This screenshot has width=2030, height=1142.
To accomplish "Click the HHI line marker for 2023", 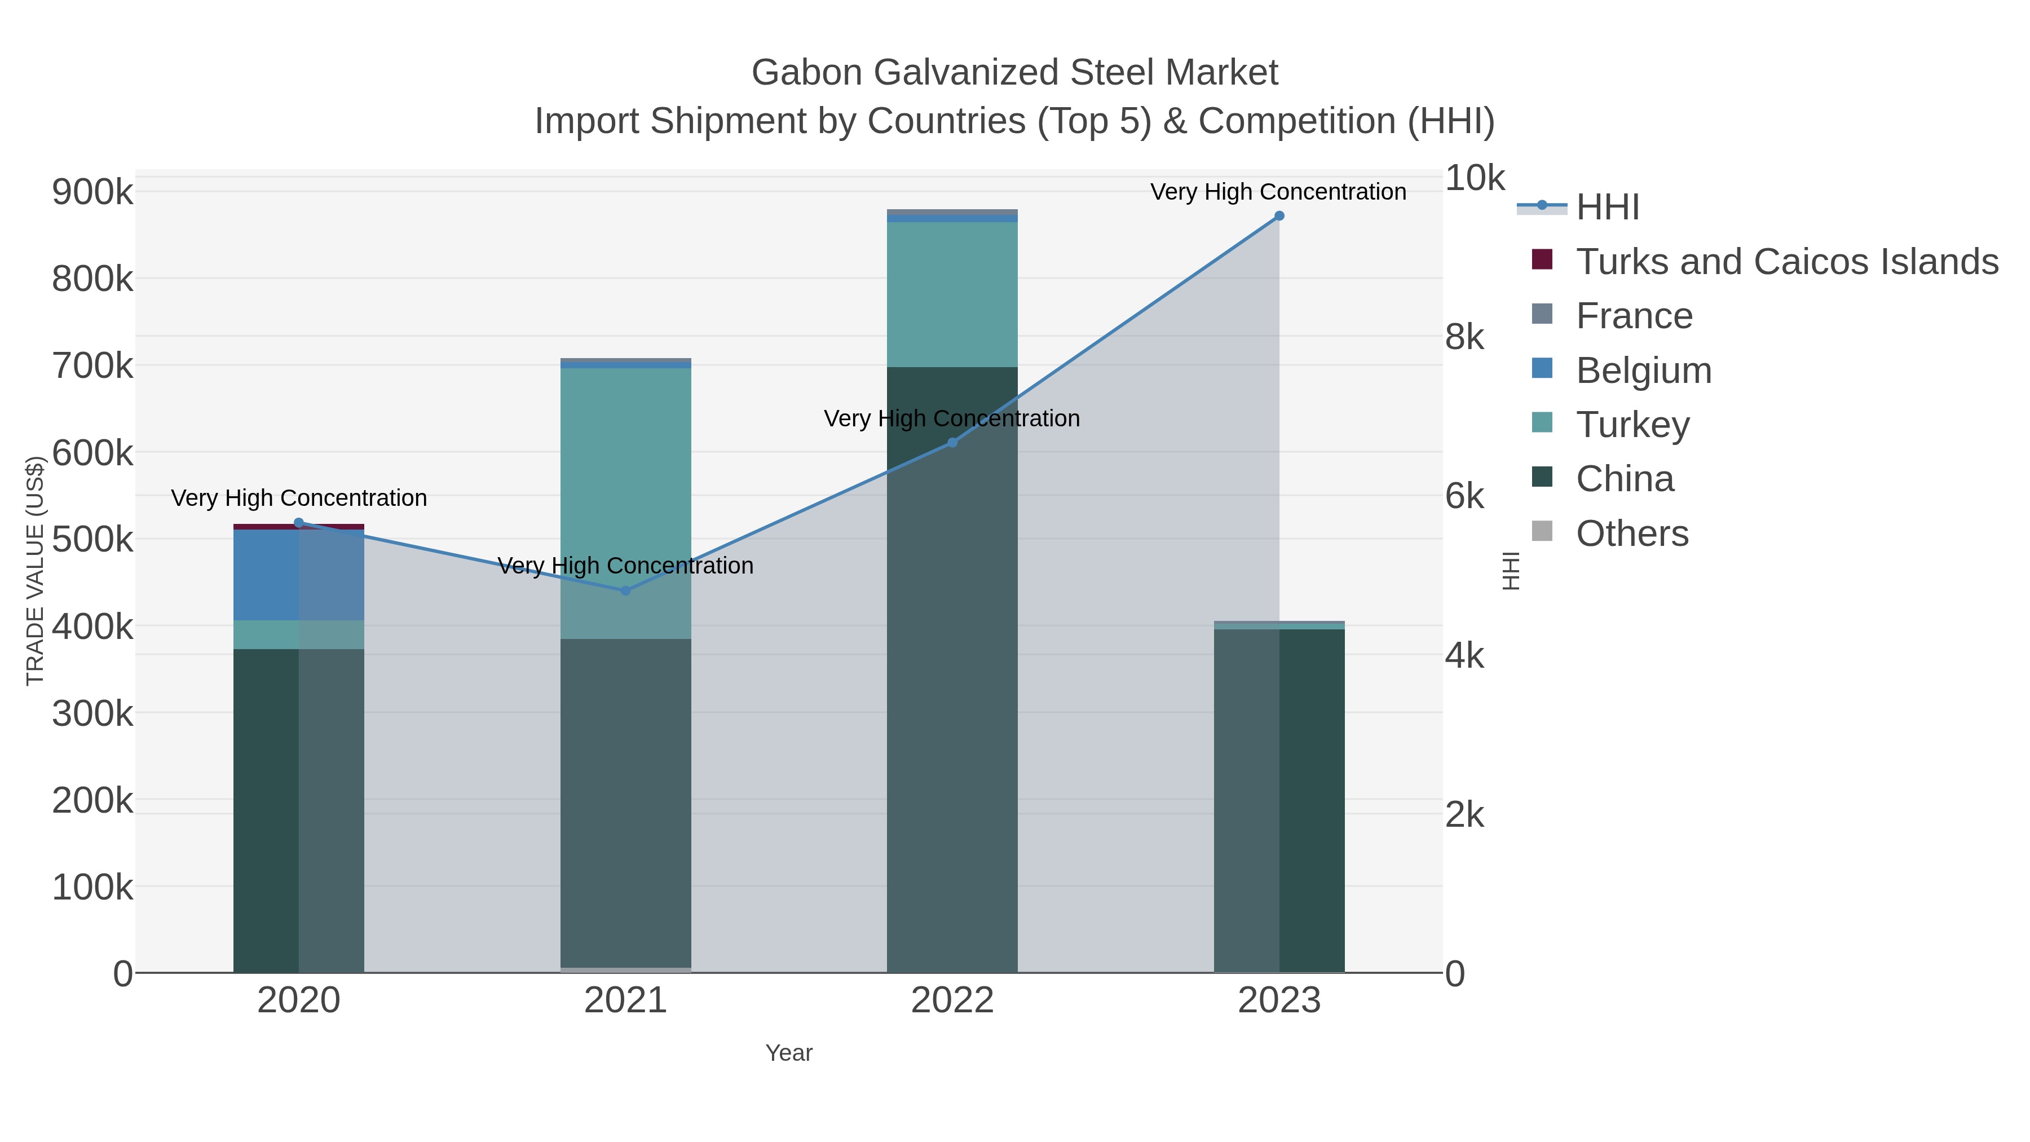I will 1279,216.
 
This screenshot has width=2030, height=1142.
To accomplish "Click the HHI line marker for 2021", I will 626,590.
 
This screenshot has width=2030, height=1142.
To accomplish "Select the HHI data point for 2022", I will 952,443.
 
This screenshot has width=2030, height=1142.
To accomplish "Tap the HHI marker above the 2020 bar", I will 299,523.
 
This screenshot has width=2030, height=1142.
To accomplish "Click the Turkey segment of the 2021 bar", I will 626,473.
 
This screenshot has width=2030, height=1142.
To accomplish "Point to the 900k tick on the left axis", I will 92,192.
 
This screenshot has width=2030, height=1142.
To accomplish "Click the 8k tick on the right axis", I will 1464,337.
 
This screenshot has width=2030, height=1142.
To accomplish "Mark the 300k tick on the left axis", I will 92,714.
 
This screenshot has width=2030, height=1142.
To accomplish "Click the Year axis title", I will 789,1053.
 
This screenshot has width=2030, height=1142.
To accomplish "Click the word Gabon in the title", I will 807,73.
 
